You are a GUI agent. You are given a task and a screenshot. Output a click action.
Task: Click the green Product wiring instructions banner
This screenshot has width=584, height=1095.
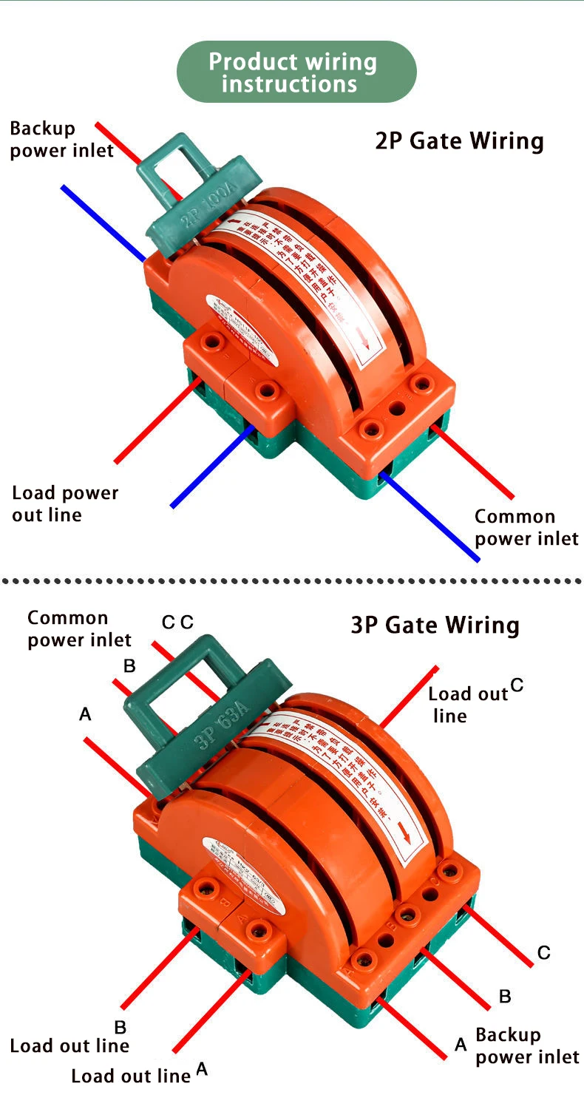click(296, 72)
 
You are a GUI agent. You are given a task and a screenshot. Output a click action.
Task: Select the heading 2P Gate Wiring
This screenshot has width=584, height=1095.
click(459, 140)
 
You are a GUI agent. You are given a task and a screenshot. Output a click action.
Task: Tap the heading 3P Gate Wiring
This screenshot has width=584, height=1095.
click(435, 626)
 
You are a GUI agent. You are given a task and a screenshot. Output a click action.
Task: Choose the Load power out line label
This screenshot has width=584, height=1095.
click(65, 504)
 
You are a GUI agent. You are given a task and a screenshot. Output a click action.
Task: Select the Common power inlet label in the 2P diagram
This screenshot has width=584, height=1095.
click(526, 527)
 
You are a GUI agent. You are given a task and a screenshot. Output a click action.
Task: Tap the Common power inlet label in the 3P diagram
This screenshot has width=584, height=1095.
click(79, 628)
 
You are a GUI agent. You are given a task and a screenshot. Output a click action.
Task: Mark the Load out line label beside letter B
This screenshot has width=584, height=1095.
click(69, 1045)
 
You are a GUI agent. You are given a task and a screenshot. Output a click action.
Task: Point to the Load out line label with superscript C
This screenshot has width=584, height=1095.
click(469, 704)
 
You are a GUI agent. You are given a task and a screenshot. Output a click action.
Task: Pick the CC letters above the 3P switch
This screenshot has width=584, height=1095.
click(177, 623)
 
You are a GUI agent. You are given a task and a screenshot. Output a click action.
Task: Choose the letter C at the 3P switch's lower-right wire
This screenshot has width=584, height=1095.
click(543, 953)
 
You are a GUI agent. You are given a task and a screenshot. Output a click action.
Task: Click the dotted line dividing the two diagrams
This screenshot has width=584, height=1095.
click(292, 581)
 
